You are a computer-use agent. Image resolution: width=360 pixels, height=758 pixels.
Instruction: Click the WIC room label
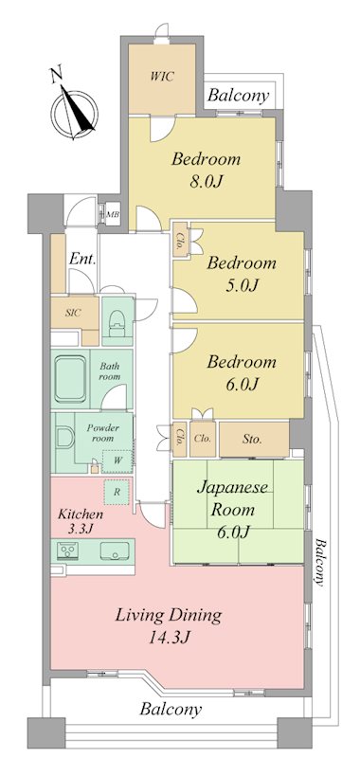click(x=161, y=77)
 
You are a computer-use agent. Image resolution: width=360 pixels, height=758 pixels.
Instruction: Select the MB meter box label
click(x=113, y=214)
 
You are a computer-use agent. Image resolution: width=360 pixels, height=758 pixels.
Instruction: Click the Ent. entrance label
click(x=82, y=259)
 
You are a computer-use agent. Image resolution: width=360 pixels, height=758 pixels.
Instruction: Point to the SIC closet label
click(x=74, y=313)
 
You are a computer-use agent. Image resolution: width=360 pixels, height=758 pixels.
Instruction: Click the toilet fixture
click(x=117, y=322)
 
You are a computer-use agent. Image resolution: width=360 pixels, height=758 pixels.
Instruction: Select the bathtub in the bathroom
click(x=70, y=379)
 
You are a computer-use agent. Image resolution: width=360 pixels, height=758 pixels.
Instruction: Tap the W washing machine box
click(x=117, y=460)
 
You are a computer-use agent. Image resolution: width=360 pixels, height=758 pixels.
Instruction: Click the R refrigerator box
click(x=117, y=493)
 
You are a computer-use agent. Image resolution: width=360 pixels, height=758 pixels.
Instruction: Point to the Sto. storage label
click(x=252, y=440)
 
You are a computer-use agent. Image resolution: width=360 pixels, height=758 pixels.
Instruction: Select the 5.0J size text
click(x=241, y=286)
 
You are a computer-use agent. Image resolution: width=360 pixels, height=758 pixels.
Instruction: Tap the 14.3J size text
click(x=168, y=638)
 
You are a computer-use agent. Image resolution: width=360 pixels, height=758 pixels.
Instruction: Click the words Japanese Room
click(x=232, y=497)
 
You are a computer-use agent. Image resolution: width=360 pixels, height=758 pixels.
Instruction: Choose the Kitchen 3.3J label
click(x=81, y=520)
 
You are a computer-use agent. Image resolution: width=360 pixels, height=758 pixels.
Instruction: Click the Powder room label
click(x=102, y=433)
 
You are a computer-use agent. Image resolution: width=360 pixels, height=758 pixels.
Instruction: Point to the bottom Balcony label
click(x=171, y=710)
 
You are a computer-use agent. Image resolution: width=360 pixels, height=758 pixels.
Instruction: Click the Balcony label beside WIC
click(x=238, y=96)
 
